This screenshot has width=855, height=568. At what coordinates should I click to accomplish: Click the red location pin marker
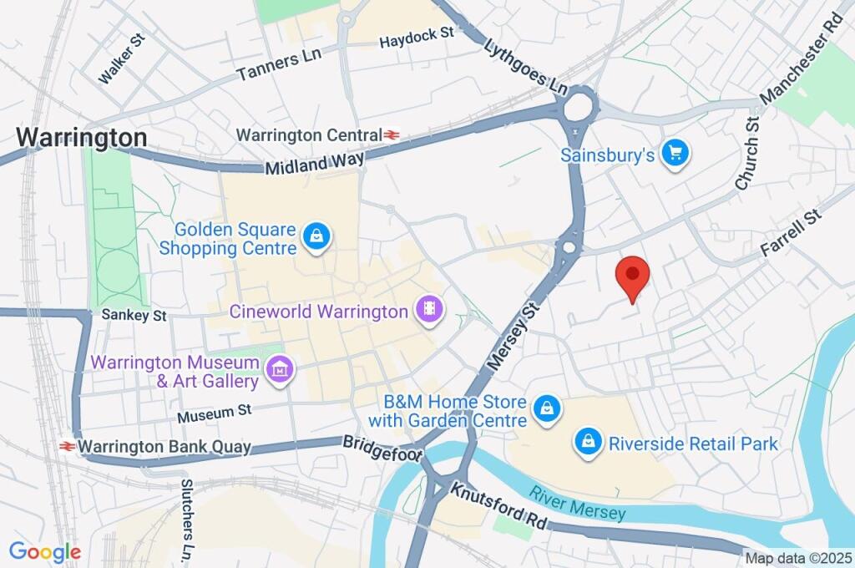tap(632, 275)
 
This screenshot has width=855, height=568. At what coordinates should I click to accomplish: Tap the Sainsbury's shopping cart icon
tap(675, 154)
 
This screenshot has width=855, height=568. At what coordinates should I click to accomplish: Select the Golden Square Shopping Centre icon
tap(317, 237)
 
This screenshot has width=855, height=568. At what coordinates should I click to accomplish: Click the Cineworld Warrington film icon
tap(429, 312)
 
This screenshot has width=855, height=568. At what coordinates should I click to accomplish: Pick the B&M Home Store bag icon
tap(546, 408)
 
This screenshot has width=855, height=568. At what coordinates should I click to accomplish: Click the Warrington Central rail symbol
tap(392, 134)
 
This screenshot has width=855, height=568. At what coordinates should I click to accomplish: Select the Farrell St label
tap(791, 233)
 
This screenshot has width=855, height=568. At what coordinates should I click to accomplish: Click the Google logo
tap(44, 551)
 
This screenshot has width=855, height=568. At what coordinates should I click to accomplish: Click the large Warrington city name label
tap(82, 137)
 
